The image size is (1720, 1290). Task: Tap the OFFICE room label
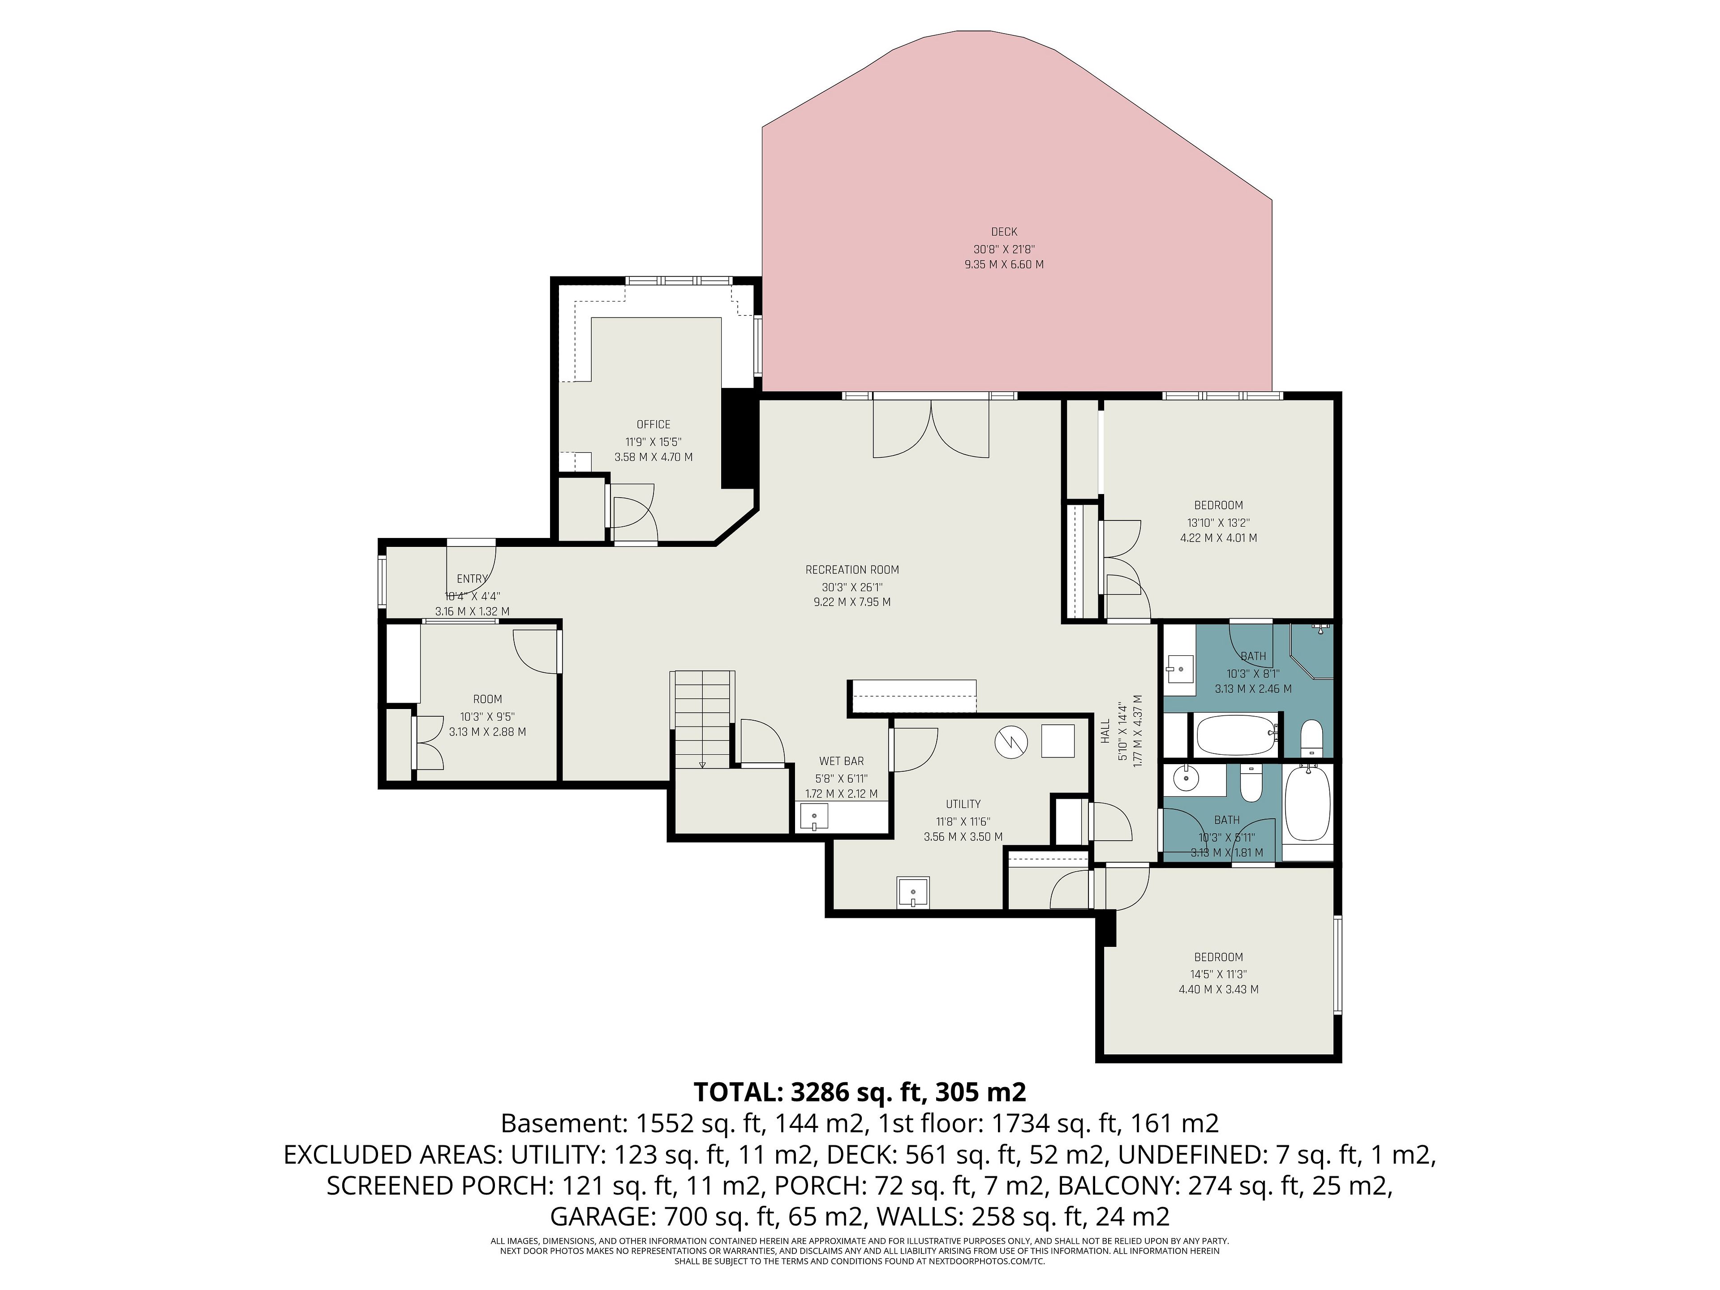(653, 425)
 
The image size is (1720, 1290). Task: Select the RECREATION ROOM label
(852, 570)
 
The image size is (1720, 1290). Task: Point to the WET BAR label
(841, 761)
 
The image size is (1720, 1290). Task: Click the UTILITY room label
(963, 804)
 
